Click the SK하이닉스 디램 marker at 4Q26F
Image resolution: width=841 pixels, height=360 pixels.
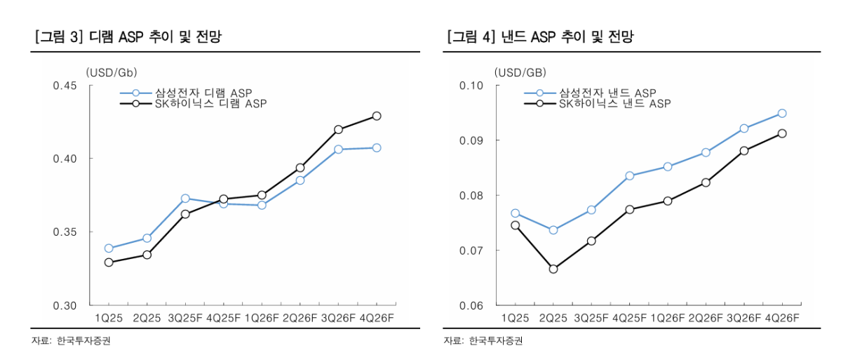[x=377, y=116]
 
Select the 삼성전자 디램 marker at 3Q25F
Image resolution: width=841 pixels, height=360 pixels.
[x=185, y=199]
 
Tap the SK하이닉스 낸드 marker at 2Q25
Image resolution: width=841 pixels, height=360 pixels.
[x=553, y=269]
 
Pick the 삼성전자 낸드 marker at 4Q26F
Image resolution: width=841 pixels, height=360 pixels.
[x=782, y=113]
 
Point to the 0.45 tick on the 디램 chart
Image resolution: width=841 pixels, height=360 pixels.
[x=65, y=86]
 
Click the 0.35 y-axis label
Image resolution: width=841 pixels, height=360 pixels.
[x=65, y=232]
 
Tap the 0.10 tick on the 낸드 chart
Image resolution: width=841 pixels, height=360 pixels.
[x=473, y=86]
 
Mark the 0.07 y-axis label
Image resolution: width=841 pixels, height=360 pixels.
[x=473, y=251]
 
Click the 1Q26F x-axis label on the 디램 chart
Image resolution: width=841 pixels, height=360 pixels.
[x=262, y=318]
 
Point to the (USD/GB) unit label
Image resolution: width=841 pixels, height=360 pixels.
[x=520, y=72]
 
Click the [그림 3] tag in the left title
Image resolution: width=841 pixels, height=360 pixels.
[x=59, y=37]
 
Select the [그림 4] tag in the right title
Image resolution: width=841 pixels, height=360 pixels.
[x=470, y=37]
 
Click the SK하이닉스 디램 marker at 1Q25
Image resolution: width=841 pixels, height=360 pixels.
[x=109, y=262]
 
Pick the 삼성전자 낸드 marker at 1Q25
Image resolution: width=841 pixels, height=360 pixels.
[x=516, y=213]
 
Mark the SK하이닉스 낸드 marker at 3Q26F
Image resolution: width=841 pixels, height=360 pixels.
[x=744, y=151]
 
